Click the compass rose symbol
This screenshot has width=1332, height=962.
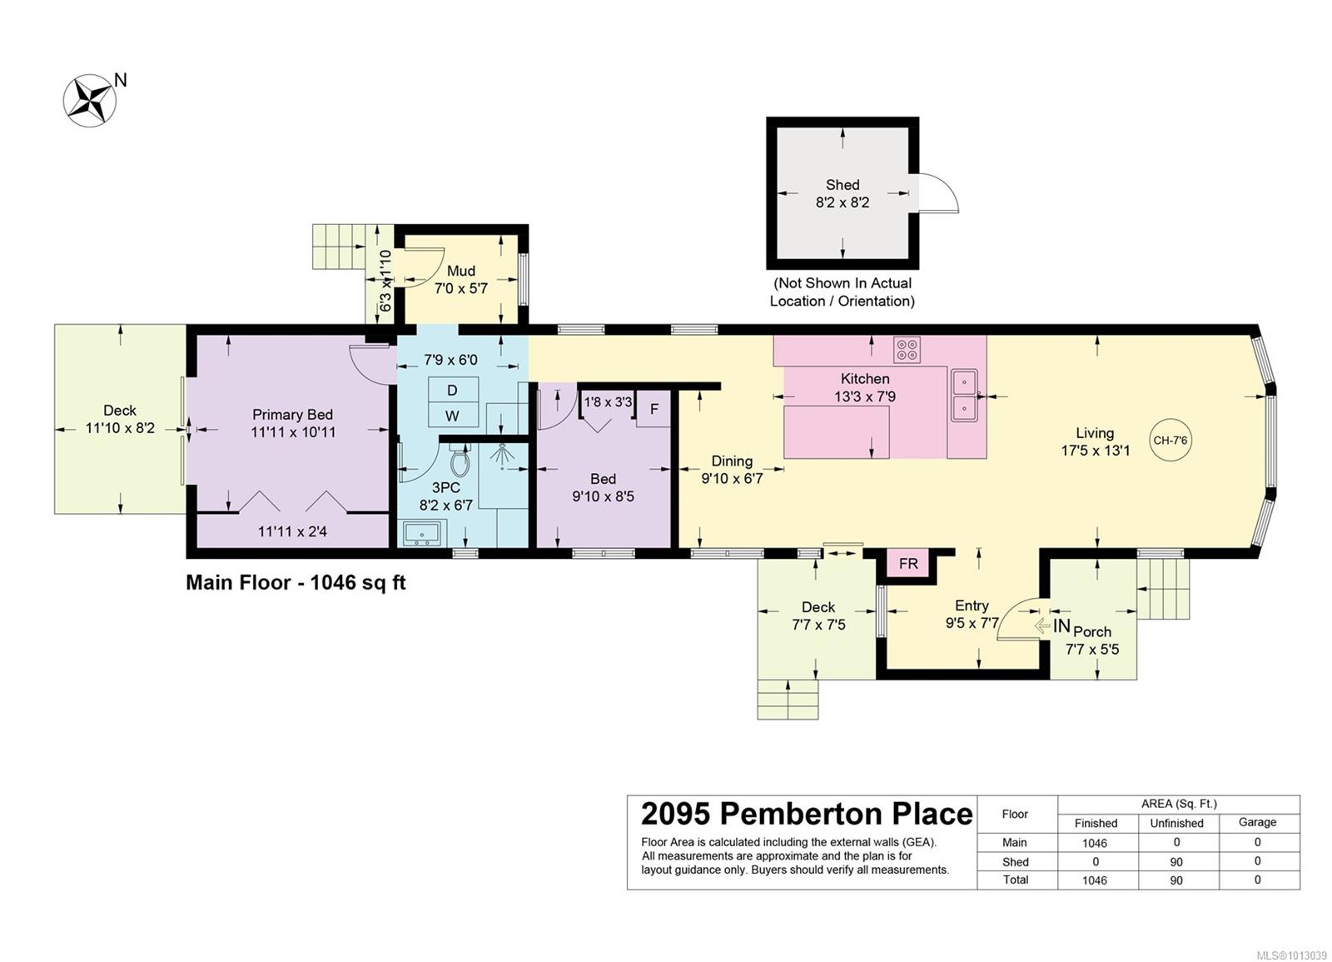(x=90, y=100)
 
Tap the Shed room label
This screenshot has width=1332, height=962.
(x=842, y=184)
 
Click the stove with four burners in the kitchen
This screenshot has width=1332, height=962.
(x=907, y=350)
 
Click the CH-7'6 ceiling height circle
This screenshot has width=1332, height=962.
(x=1170, y=441)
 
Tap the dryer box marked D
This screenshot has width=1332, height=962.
(x=453, y=390)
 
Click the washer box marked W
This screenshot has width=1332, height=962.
(x=453, y=416)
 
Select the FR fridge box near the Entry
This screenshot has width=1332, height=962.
(x=908, y=563)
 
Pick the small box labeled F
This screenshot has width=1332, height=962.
(x=654, y=409)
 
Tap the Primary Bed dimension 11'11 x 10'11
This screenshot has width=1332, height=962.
(x=293, y=432)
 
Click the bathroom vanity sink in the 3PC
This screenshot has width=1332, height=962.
(x=422, y=533)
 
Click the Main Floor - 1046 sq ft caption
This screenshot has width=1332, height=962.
(x=296, y=582)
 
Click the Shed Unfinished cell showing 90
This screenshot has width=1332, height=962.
(x=1175, y=862)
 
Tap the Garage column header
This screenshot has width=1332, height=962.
(x=1257, y=822)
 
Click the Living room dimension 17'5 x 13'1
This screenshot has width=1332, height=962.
(x=1096, y=451)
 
